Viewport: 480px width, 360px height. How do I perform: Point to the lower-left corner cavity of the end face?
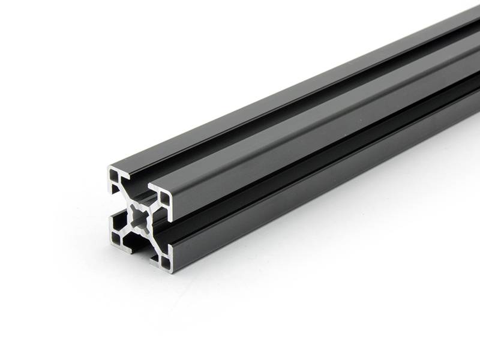[x=116, y=240]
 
